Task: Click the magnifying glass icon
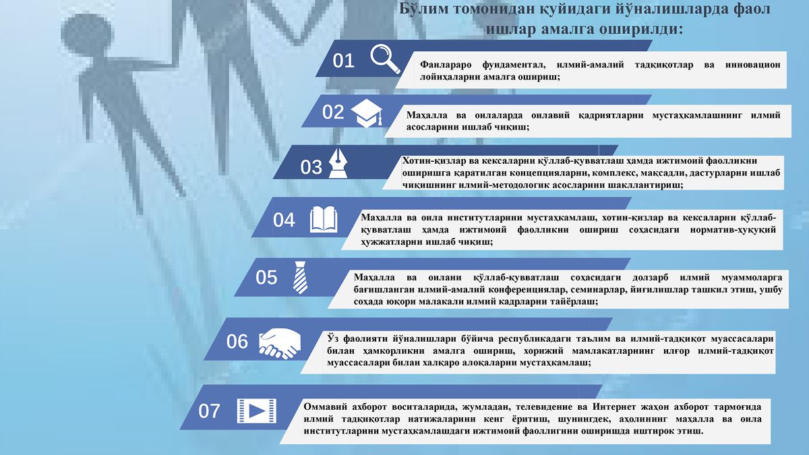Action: click(x=384, y=59)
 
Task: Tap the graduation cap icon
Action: click(x=367, y=113)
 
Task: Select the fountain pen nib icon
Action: click(x=338, y=164)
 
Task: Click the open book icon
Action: click(x=324, y=220)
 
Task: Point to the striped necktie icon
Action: click(x=300, y=277)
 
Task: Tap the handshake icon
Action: click(x=280, y=343)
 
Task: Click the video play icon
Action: click(x=257, y=411)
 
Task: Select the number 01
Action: click(x=343, y=61)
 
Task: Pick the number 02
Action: click(x=333, y=112)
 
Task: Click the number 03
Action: click(x=311, y=167)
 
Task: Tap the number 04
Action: click(x=284, y=220)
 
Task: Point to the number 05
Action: click(x=266, y=277)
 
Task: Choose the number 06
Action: click(x=237, y=342)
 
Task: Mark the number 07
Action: click(x=209, y=411)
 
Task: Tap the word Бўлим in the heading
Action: click(x=422, y=9)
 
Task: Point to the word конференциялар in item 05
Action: click(x=522, y=290)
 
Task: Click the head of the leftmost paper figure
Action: click(x=87, y=34)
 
